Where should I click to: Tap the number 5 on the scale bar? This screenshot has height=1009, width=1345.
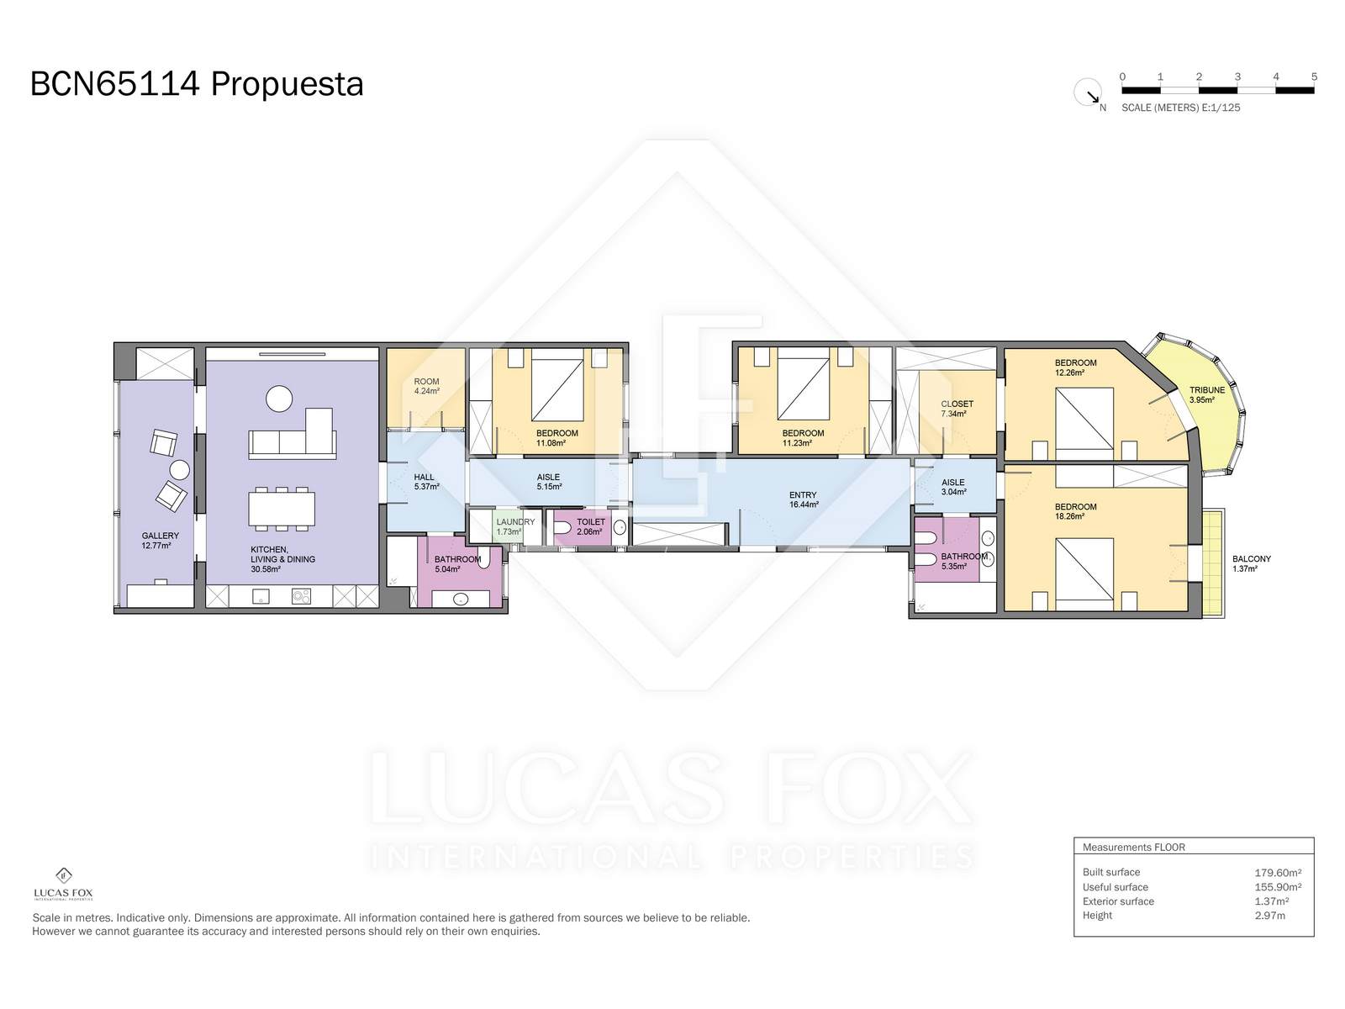pyautogui.click(x=1314, y=77)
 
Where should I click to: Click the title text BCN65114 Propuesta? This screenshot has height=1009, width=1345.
pyautogui.click(x=197, y=84)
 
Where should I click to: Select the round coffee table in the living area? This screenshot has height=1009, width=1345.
pyautogui.click(x=279, y=399)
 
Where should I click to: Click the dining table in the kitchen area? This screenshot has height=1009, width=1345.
pyautogui.click(x=282, y=509)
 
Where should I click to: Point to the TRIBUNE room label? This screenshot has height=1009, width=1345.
pyautogui.click(x=1206, y=389)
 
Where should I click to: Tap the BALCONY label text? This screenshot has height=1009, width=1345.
pyautogui.click(x=1251, y=558)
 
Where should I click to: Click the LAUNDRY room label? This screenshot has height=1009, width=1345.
pyautogui.click(x=515, y=522)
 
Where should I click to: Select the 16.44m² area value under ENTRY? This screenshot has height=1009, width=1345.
pyautogui.click(x=804, y=504)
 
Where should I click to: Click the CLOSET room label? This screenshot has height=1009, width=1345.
pyautogui.click(x=957, y=404)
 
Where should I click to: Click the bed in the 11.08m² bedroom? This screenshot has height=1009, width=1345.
pyautogui.click(x=557, y=385)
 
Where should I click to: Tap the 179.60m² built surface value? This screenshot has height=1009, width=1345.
pyautogui.click(x=1278, y=873)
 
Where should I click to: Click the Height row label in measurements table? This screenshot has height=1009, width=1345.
pyautogui.click(x=1097, y=916)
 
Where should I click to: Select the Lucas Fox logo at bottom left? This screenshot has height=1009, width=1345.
pyautogui.click(x=64, y=884)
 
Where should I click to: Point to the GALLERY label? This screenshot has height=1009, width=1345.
pyautogui.click(x=160, y=536)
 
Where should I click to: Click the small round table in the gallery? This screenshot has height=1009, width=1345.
pyautogui.click(x=180, y=471)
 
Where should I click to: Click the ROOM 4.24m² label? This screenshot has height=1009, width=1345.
pyautogui.click(x=426, y=386)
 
